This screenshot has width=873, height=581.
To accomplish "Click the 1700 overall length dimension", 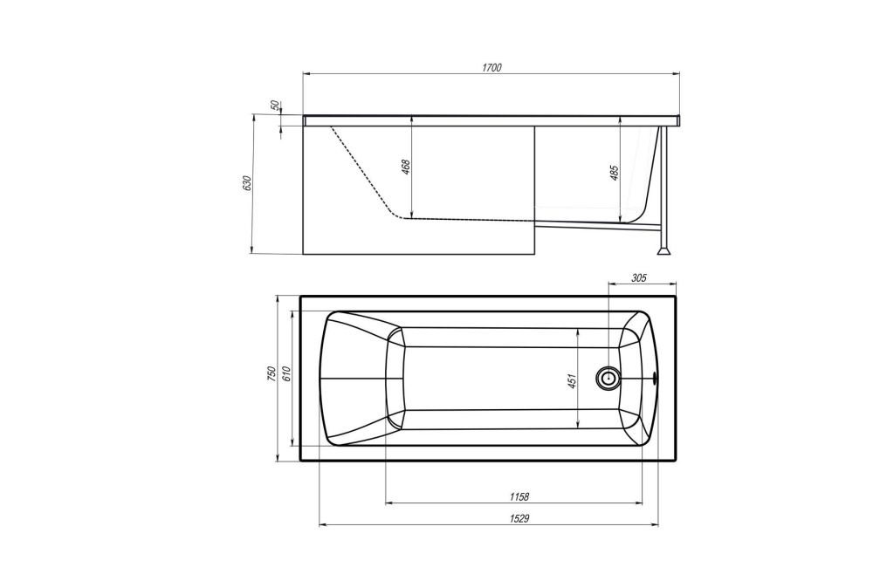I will [491, 68].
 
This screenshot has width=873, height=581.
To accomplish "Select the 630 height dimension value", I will [247, 183].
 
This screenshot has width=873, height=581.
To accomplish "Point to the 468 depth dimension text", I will [406, 167].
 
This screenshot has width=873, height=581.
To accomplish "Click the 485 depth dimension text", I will [615, 173].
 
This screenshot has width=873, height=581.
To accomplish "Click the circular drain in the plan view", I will [608, 379].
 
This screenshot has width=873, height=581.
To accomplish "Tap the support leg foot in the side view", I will [667, 250].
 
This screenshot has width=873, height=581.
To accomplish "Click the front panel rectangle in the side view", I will [419, 236].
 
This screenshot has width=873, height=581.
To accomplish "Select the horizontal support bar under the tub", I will [611, 228].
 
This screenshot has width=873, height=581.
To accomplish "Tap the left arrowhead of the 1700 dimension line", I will [306, 74].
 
